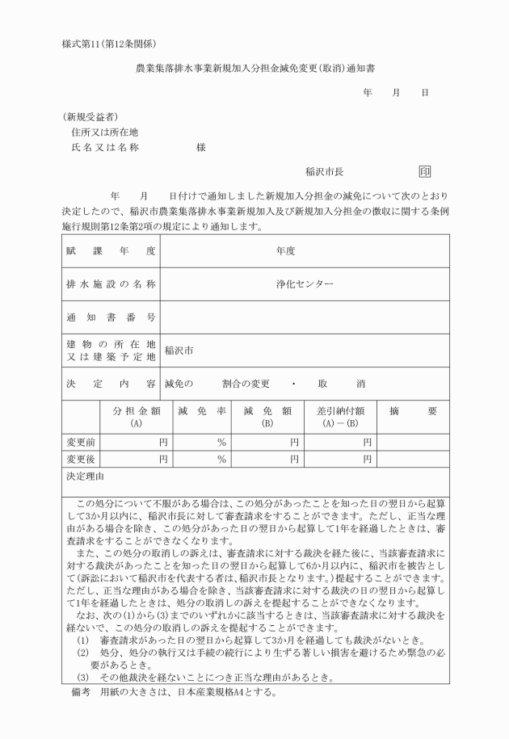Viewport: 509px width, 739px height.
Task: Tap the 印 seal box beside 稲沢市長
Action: tap(425, 172)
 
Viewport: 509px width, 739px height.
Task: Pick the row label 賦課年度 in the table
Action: tap(111, 251)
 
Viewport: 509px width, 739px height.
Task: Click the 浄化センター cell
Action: tap(304, 284)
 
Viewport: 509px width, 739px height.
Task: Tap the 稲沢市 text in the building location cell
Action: tap(179, 351)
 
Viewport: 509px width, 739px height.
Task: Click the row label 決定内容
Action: tap(111, 384)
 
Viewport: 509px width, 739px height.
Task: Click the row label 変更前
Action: tap(81, 442)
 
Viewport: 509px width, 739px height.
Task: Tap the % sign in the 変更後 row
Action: tap(221, 459)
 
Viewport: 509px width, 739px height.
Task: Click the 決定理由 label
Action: tap(86, 477)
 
